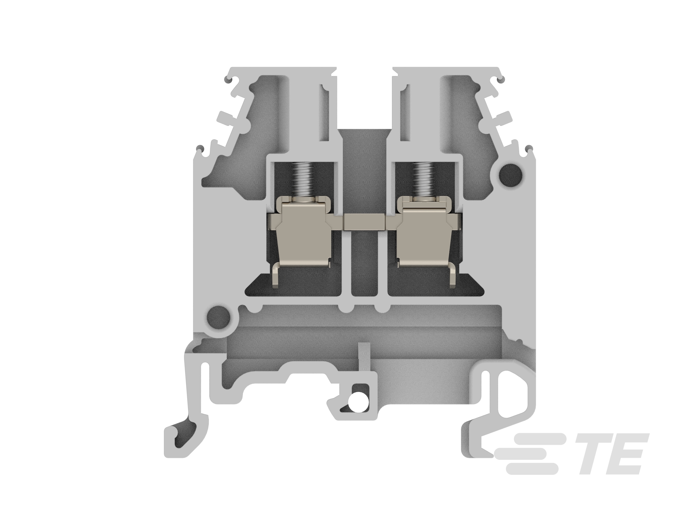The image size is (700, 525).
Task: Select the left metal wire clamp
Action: [302, 234]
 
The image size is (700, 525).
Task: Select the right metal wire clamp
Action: [425, 234]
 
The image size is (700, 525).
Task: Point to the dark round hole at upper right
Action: [510, 174]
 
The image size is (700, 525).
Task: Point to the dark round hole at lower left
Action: [218, 317]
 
